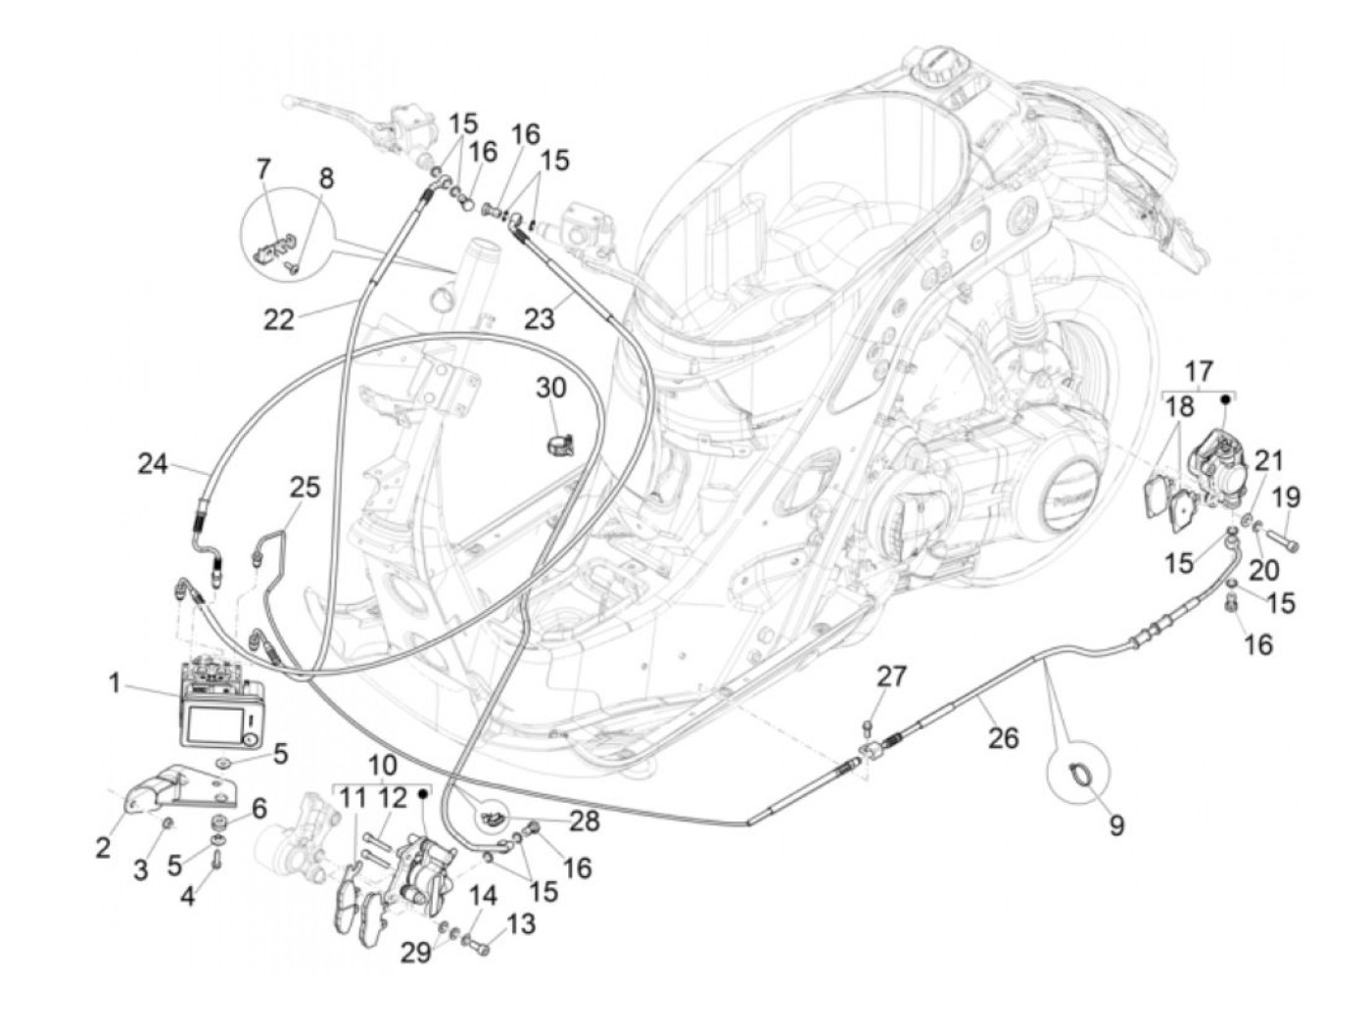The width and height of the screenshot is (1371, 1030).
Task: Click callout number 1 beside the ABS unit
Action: click(115, 682)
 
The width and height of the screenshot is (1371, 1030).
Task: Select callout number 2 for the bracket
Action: click(103, 847)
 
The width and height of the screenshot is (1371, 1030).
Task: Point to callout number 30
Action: click(550, 388)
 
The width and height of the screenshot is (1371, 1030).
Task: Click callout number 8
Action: click(326, 179)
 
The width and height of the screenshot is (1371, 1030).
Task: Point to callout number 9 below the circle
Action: click(1115, 825)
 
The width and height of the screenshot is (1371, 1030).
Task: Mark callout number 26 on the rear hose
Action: click(1004, 737)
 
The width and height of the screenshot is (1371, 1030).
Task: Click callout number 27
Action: click(891, 677)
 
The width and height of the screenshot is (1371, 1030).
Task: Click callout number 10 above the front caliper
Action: click(383, 766)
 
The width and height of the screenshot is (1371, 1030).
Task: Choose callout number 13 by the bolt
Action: click(522, 923)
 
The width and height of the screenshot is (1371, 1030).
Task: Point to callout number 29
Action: click(416, 952)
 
